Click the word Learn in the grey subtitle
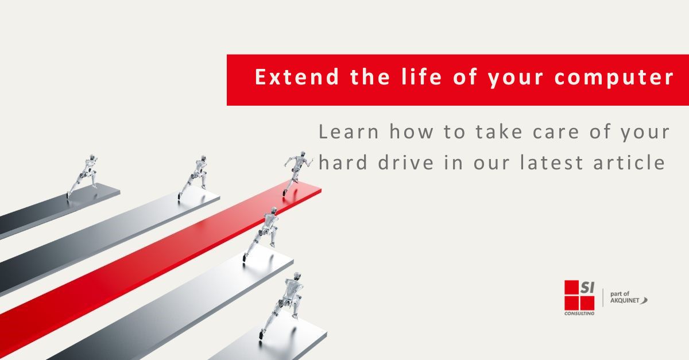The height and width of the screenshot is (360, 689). click(349, 133)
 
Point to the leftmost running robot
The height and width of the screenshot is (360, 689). click(82, 175)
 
